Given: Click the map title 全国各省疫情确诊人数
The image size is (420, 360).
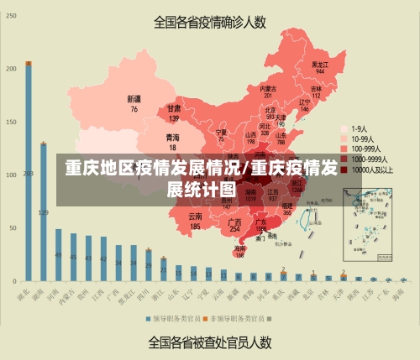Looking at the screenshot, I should coord(209,22).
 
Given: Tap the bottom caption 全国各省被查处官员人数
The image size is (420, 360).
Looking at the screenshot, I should coord(209,342).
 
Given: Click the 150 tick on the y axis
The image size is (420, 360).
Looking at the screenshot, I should coord(11,122).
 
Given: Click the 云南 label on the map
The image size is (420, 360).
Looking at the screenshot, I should coord(195,221).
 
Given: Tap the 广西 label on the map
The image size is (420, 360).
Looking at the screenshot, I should coord(235,224).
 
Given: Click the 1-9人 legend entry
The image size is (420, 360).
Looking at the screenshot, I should coord(360,128).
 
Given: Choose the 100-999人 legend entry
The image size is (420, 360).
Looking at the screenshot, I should coord(362,148).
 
